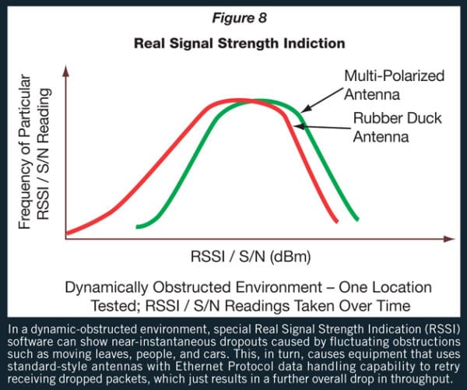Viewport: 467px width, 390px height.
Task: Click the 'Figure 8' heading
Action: pyautogui.click(x=233, y=12)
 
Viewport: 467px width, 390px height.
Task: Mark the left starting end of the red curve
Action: pyautogui.click(x=68, y=231)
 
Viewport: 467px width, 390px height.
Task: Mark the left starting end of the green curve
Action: pyautogui.click(x=138, y=227)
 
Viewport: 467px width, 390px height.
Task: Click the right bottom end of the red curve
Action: pyautogui.click(x=338, y=221)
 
